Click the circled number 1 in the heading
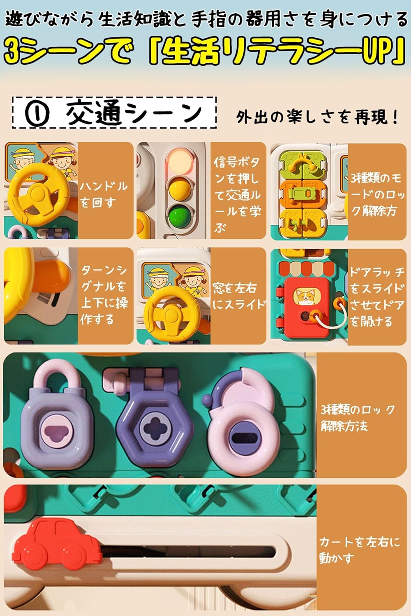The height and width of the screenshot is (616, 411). (37, 113)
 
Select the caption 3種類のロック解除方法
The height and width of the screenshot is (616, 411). (357, 418)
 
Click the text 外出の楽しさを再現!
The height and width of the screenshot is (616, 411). (317, 117)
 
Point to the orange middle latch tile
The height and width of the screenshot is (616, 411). (302, 193)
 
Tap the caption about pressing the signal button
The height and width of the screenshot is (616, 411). (237, 195)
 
